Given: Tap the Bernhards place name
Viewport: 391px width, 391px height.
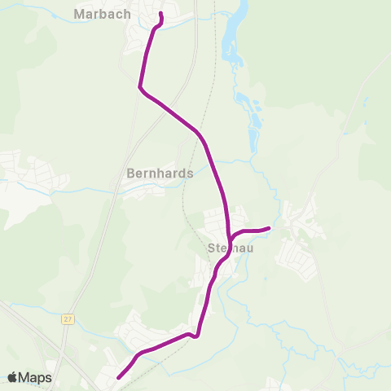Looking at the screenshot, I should pyautogui.click(x=160, y=174).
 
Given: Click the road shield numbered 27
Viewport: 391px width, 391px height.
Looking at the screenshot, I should pyautogui.click(x=67, y=319).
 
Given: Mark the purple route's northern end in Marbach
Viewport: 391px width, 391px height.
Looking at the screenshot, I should pyautogui.click(x=160, y=15).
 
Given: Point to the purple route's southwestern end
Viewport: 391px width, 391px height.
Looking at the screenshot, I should pyautogui.click(x=119, y=377).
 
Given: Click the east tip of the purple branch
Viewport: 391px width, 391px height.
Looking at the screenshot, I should pyautogui.click(x=269, y=228).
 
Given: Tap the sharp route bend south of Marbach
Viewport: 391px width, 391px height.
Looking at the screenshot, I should pyautogui.click(x=142, y=87).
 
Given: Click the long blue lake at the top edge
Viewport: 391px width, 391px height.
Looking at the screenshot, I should pyautogui.click(x=233, y=33).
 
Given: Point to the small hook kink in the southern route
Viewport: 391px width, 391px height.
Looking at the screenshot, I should pyautogui.click(x=195, y=336).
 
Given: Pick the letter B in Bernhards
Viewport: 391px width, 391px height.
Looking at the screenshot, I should pyautogui.click(x=131, y=174).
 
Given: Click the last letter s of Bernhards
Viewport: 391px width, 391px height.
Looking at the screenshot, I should pyautogui.click(x=190, y=174).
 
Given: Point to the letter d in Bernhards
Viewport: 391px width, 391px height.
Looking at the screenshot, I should pyautogui.click(x=182, y=174).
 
